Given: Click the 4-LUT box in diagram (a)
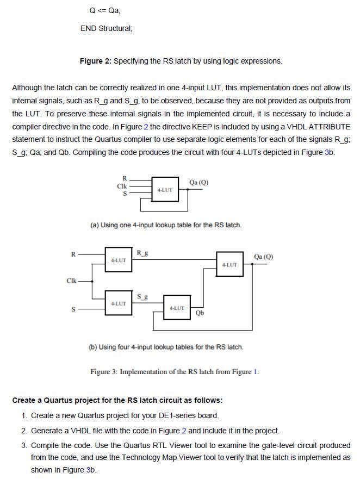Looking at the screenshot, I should point(164,190).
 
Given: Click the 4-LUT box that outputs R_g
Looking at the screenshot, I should point(119,260).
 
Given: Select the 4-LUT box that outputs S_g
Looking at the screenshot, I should point(119,303).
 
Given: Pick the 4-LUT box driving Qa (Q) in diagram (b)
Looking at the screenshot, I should point(230,265).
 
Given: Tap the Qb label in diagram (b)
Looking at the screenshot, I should point(199,319).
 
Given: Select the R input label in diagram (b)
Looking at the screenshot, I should point(73,252).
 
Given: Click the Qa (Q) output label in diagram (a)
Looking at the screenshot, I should point(198,182).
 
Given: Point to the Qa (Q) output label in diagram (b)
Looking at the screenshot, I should point(264,257).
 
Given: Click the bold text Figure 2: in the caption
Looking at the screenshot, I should point(95,61).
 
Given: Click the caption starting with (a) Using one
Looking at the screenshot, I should point(165,225).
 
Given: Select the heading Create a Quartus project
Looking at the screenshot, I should point(117,401).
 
